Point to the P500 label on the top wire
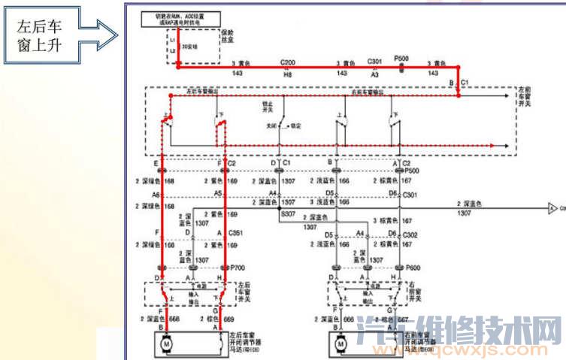tap(401, 59)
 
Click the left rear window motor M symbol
tap(165, 343)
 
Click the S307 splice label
tap(289, 213)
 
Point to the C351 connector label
tap(235, 233)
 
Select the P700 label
tap(238, 268)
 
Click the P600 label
tap(411, 268)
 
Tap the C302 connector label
tap(410, 234)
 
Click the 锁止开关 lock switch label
tap(268, 107)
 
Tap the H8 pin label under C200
tap(287, 74)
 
